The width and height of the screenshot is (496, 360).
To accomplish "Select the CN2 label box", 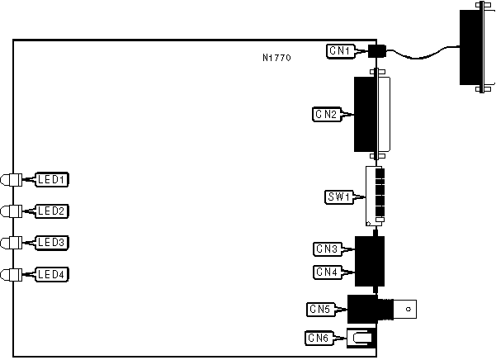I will [x=326, y=114].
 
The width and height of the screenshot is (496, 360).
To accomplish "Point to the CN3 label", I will [x=327, y=249].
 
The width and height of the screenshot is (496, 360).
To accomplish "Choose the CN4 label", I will [x=327, y=271].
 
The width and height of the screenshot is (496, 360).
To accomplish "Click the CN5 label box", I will [x=319, y=310].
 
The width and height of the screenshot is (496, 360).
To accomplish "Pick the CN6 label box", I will [x=319, y=337].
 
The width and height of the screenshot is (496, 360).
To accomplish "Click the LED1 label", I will [x=54, y=179].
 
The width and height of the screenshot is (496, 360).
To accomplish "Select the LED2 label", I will [x=54, y=211].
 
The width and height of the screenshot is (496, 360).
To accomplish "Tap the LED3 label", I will [x=54, y=243].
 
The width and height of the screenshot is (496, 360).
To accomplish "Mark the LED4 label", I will [x=54, y=274].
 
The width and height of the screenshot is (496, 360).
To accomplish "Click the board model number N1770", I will [x=276, y=58].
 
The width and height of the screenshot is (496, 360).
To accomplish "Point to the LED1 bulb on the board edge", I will [x=11, y=179].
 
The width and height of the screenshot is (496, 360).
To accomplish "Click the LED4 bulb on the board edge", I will [x=11, y=274].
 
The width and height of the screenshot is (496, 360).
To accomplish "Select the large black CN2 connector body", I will [x=369, y=114].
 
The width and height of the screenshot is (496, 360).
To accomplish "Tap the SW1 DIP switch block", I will [x=376, y=197].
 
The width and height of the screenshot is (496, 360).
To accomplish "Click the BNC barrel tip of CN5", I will [x=409, y=310].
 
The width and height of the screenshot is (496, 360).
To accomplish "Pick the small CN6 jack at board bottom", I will [x=361, y=337].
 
